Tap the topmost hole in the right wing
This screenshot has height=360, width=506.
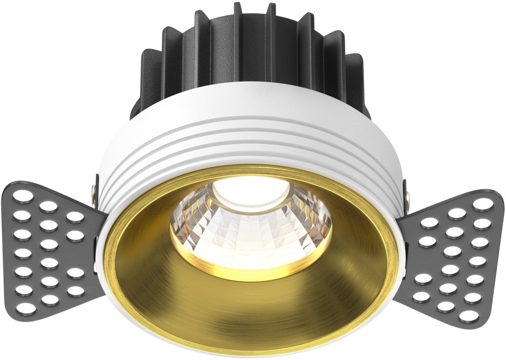[483, 204]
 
